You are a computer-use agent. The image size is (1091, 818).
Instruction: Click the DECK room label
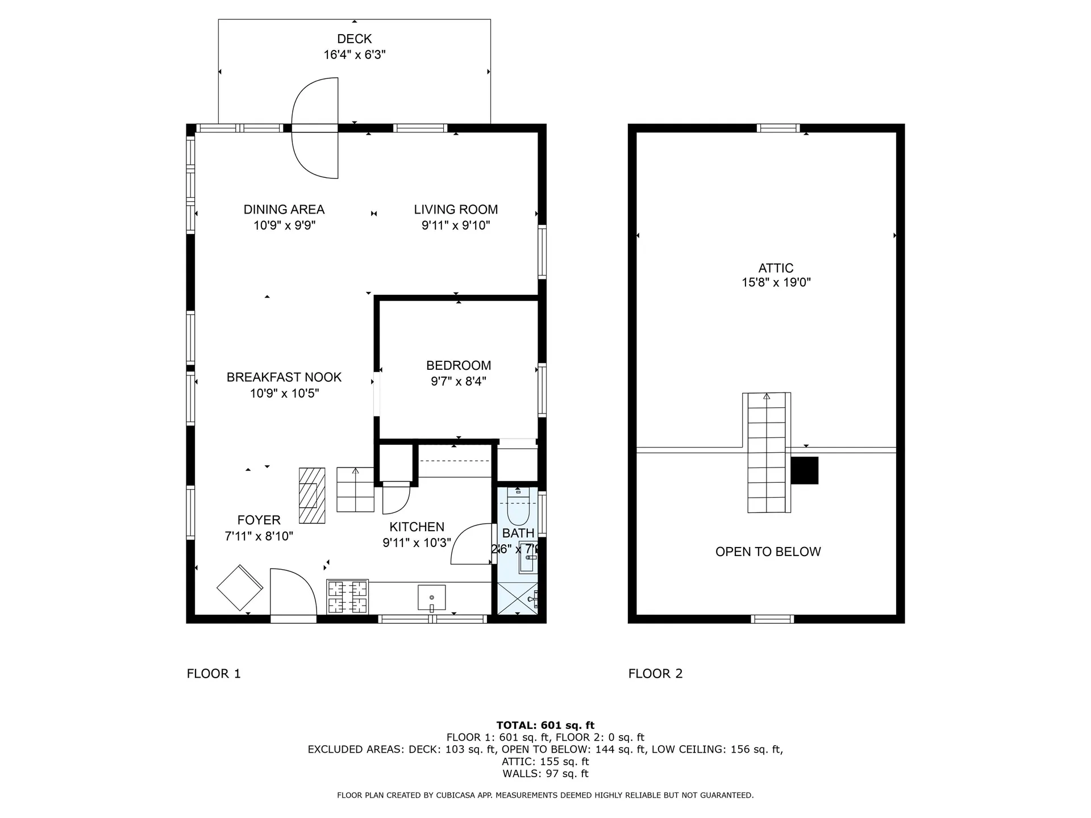tap(354, 39)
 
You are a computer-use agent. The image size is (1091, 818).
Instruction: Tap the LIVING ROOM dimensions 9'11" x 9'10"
tap(456, 226)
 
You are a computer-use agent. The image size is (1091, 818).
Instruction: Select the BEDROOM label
tap(459, 365)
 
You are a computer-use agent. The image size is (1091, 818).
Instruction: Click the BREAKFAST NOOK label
tap(284, 377)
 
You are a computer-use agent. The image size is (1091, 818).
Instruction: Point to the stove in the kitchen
tap(347, 596)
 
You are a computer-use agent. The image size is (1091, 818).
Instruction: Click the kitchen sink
tap(431, 598)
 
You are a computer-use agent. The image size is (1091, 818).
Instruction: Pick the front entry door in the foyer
tap(293, 594)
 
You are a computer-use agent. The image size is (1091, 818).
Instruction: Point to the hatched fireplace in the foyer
tap(312, 495)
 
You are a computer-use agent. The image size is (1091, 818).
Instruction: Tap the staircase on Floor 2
tap(767, 453)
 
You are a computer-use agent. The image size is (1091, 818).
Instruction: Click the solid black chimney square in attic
tap(805, 470)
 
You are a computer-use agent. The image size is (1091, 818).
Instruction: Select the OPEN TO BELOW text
tap(768, 552)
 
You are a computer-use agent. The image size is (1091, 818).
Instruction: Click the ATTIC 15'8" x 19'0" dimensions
tap(776, 282)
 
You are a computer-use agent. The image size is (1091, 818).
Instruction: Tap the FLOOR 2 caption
tap(655, 674)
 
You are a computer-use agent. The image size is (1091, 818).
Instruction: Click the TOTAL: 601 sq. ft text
tap(545, 725)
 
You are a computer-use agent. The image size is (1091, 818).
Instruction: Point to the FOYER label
tap(259, 520)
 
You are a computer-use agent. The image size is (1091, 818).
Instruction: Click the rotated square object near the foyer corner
tap(240, 588)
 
